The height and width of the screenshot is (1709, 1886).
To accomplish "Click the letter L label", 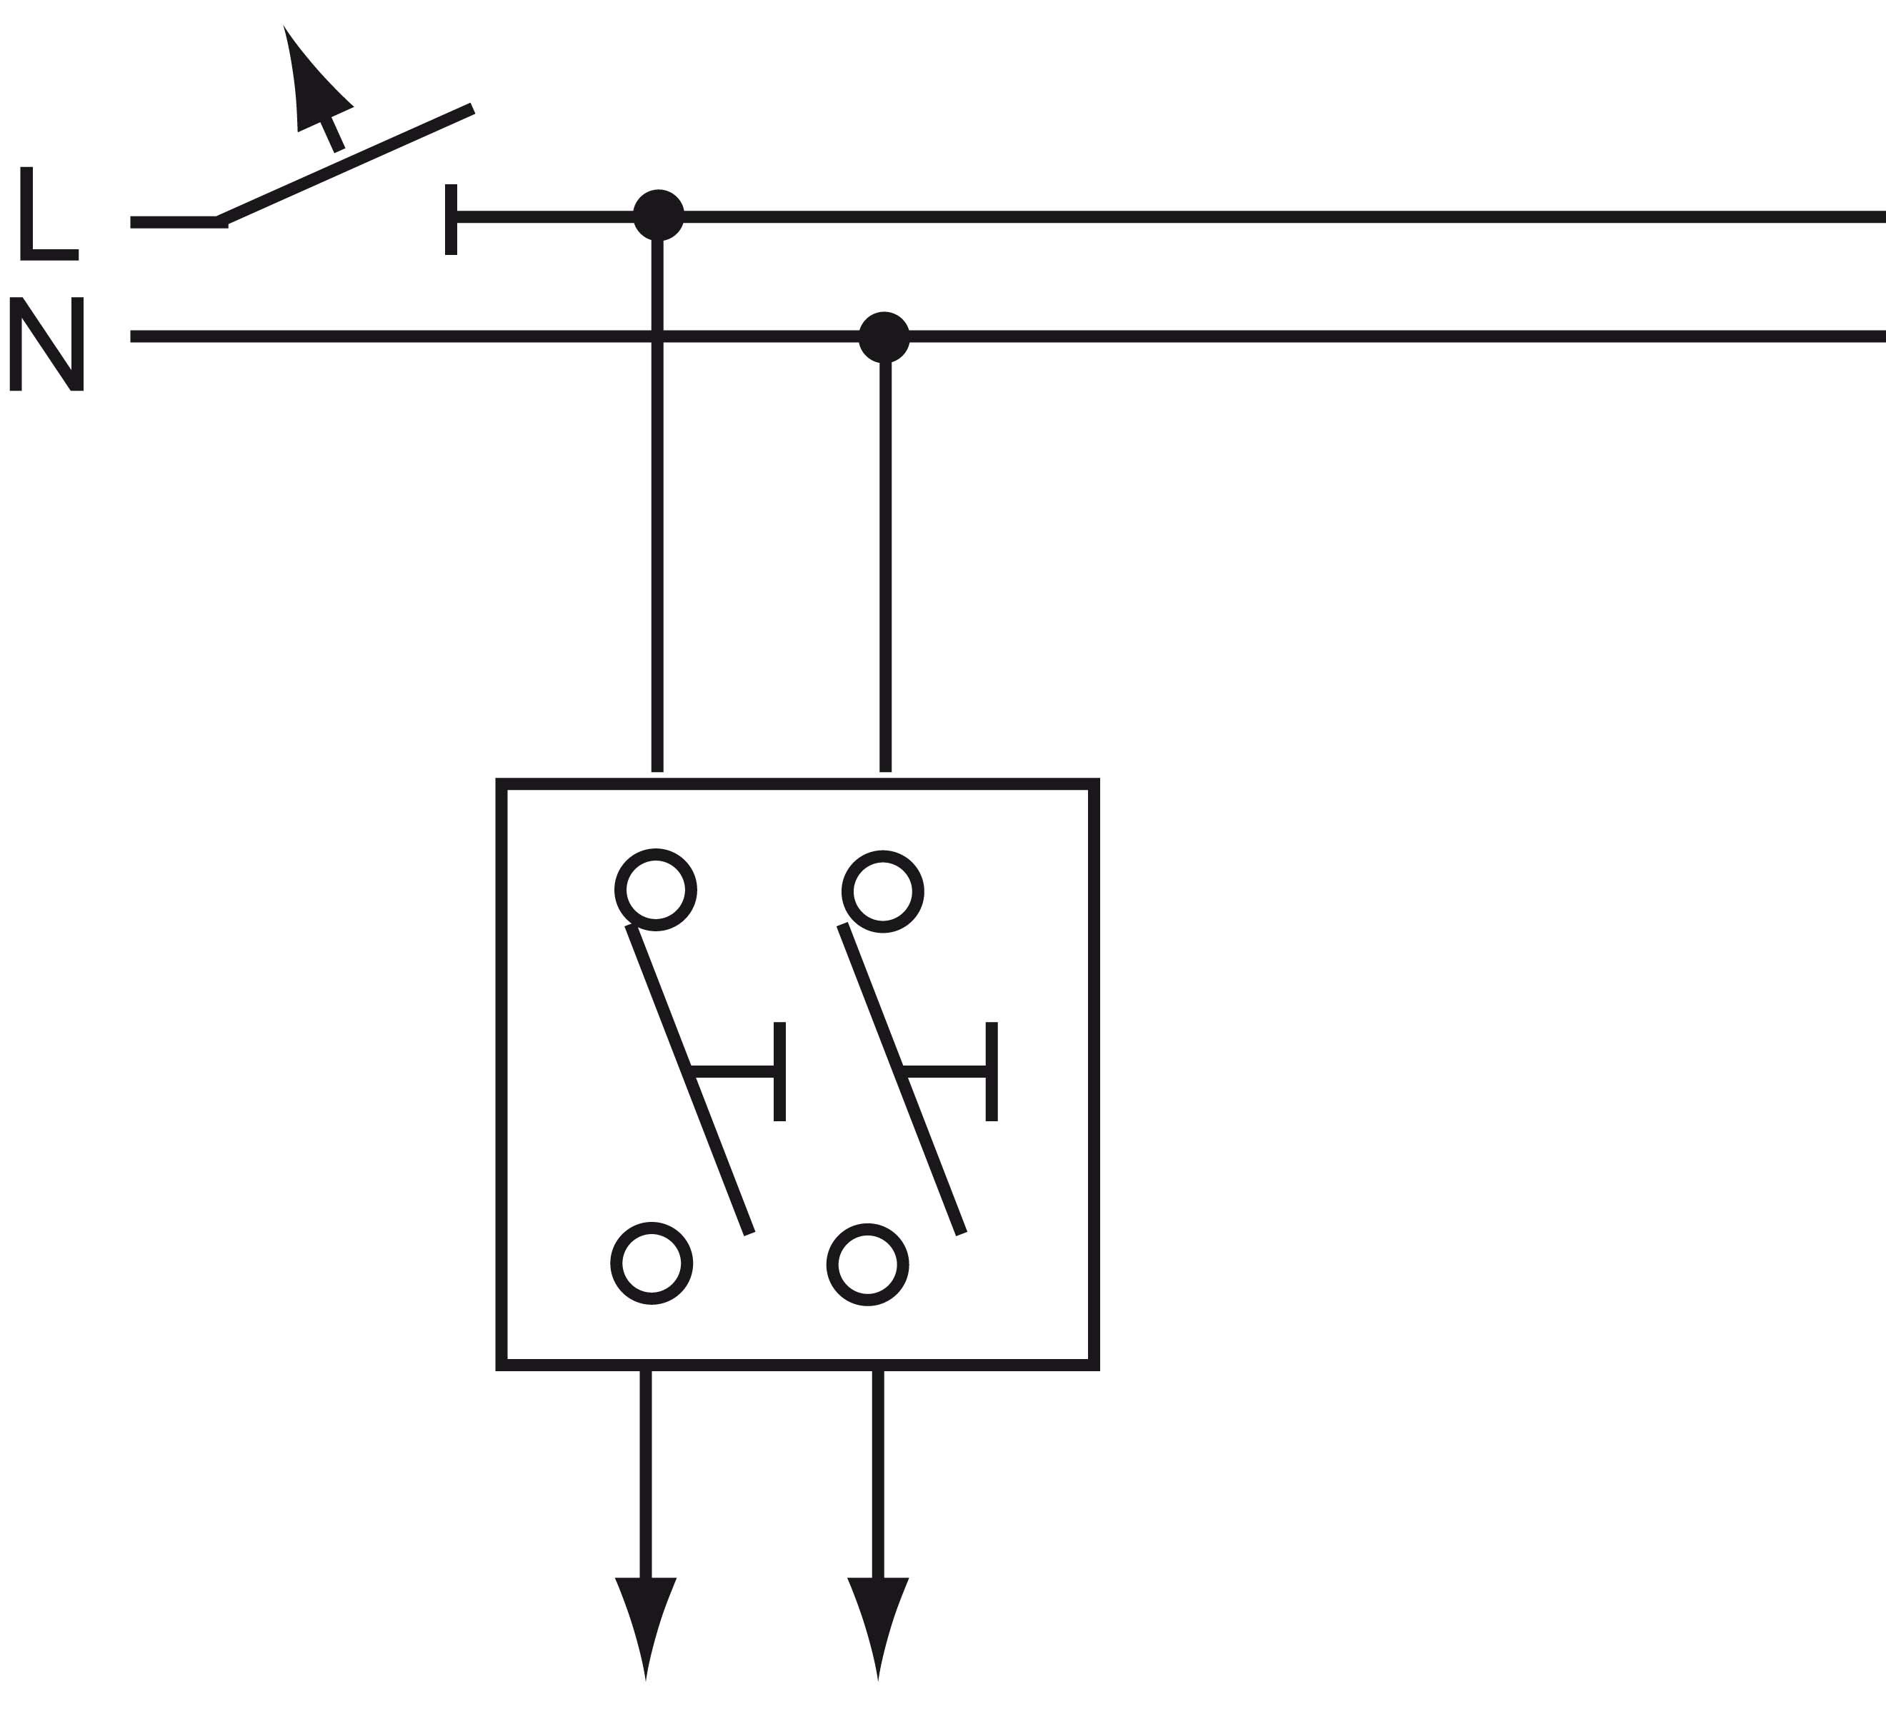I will tap(46, 214).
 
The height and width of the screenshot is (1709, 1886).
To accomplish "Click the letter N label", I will tap(46, 344).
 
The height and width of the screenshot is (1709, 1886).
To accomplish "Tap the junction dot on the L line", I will tap(658, 215).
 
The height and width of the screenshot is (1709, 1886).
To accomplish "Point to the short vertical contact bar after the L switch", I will tap(451, 219).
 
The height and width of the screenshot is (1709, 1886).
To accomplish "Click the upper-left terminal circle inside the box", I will tap(655, 890).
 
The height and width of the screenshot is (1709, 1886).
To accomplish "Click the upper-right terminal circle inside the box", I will tap(882, 891).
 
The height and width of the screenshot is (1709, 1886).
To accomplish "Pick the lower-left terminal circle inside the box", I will tap(651, 1264).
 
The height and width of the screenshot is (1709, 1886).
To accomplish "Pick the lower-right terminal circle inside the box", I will tap(867, 1265).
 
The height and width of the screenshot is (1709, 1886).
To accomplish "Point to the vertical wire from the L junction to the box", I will tap(658, 561).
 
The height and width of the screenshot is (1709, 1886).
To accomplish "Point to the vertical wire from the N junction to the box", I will tap(885, 561).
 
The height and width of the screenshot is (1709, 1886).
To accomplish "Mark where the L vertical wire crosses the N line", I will tap(658, 337).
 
